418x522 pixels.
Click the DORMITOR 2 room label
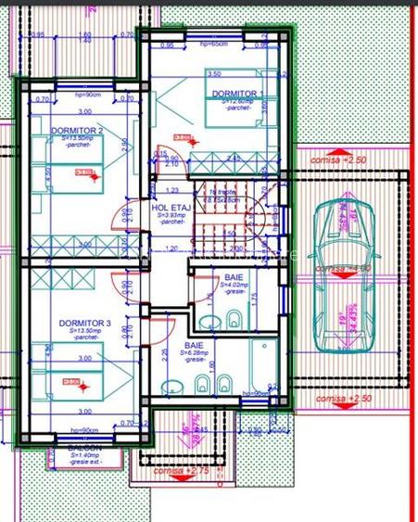(77, 131)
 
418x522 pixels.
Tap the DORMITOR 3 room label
(84, 323)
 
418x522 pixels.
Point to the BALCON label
(84, 447)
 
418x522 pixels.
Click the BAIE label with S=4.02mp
(233, 278)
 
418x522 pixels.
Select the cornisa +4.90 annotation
(342, 268)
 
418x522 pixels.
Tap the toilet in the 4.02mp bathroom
(235, 321)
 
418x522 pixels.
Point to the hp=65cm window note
(213, 45)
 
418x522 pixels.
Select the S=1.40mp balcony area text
(84, 456)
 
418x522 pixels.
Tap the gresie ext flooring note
(84, 465)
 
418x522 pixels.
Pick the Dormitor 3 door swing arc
(159, 325)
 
